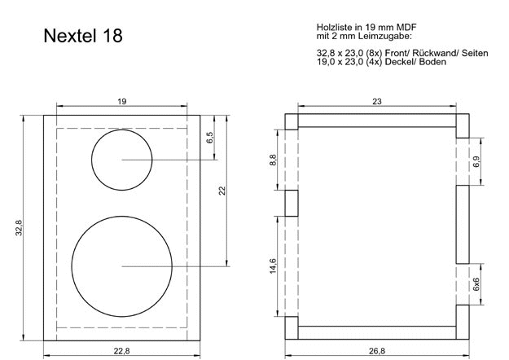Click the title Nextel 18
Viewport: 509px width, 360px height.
click(82, 37)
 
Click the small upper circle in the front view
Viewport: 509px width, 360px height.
click(122, 160)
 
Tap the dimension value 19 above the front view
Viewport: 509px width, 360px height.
click(121, 101)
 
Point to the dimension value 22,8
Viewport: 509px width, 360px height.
click(122, 352)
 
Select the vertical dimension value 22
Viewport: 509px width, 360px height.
click(222, 191)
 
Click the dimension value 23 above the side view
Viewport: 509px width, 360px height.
click(377, 101)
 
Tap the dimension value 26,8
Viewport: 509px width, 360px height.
click(377, 352)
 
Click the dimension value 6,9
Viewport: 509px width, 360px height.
click(476, 161)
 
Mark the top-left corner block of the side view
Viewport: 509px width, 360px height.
click(292, 122)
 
